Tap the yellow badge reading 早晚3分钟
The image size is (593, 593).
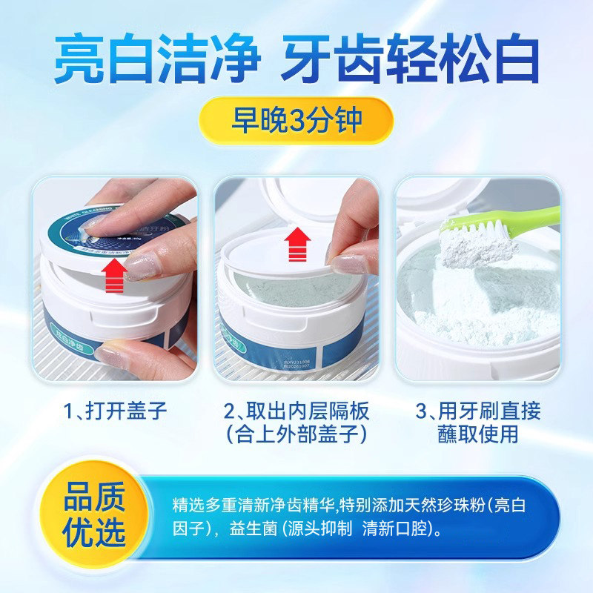[x=296, y=119]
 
